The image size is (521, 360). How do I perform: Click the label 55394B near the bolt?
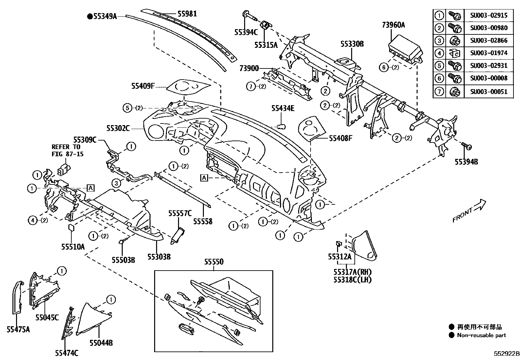466,162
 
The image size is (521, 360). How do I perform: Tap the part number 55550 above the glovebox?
214,262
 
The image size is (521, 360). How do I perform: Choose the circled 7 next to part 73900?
251,86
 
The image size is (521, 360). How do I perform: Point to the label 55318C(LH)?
352,279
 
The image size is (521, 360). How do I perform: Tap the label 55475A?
18,329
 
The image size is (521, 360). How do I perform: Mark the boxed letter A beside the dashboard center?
204,178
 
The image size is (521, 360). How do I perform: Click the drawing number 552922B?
507,354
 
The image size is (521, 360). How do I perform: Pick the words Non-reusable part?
481,335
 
